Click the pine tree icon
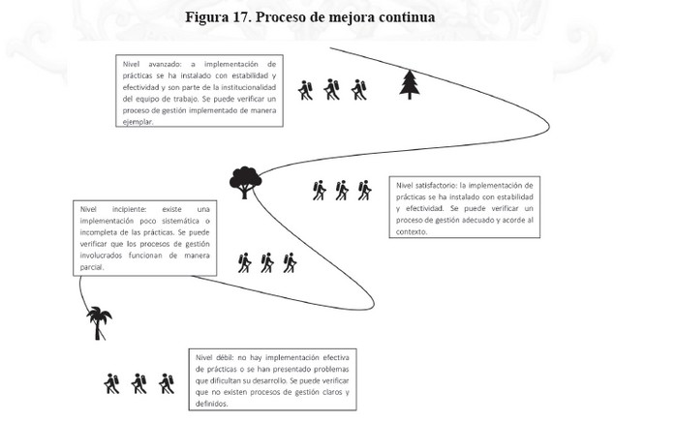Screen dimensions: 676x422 pyautogui.click(x=410, y=84)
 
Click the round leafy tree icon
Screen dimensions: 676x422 pyautogui.click(x=245, y=182)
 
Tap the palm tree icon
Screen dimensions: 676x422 pyautogui.click(x=99, y=323)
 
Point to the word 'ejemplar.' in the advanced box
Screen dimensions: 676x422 pyautogui.click(x=138, y=122)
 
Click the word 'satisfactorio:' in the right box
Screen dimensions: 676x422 pyautogui.click(x=436, y=186)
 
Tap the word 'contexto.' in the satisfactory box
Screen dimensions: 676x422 pyautogui.click(x=412, y=231)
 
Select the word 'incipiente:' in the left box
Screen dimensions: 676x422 pyautogui.click(x=130, y=209)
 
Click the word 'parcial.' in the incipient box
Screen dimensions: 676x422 pyautogui.click(x=92, y=267)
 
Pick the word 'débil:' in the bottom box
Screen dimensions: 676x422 pyautogui.click(x=224, y=357)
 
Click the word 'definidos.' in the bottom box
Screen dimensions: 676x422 pyautogui.click(x=212, y=404)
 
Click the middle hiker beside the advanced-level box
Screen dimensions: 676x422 pyautogui.click(x=332, y=90)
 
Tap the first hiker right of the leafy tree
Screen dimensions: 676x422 pyautogui.click(x=319, y=190)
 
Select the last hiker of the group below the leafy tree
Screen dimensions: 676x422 pyautogui.click(x=290, y=262)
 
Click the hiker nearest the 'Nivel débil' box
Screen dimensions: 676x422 pyautogui.click(x=167, y=383)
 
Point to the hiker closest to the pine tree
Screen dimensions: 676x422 pyautogui.click(x=358, y=90)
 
